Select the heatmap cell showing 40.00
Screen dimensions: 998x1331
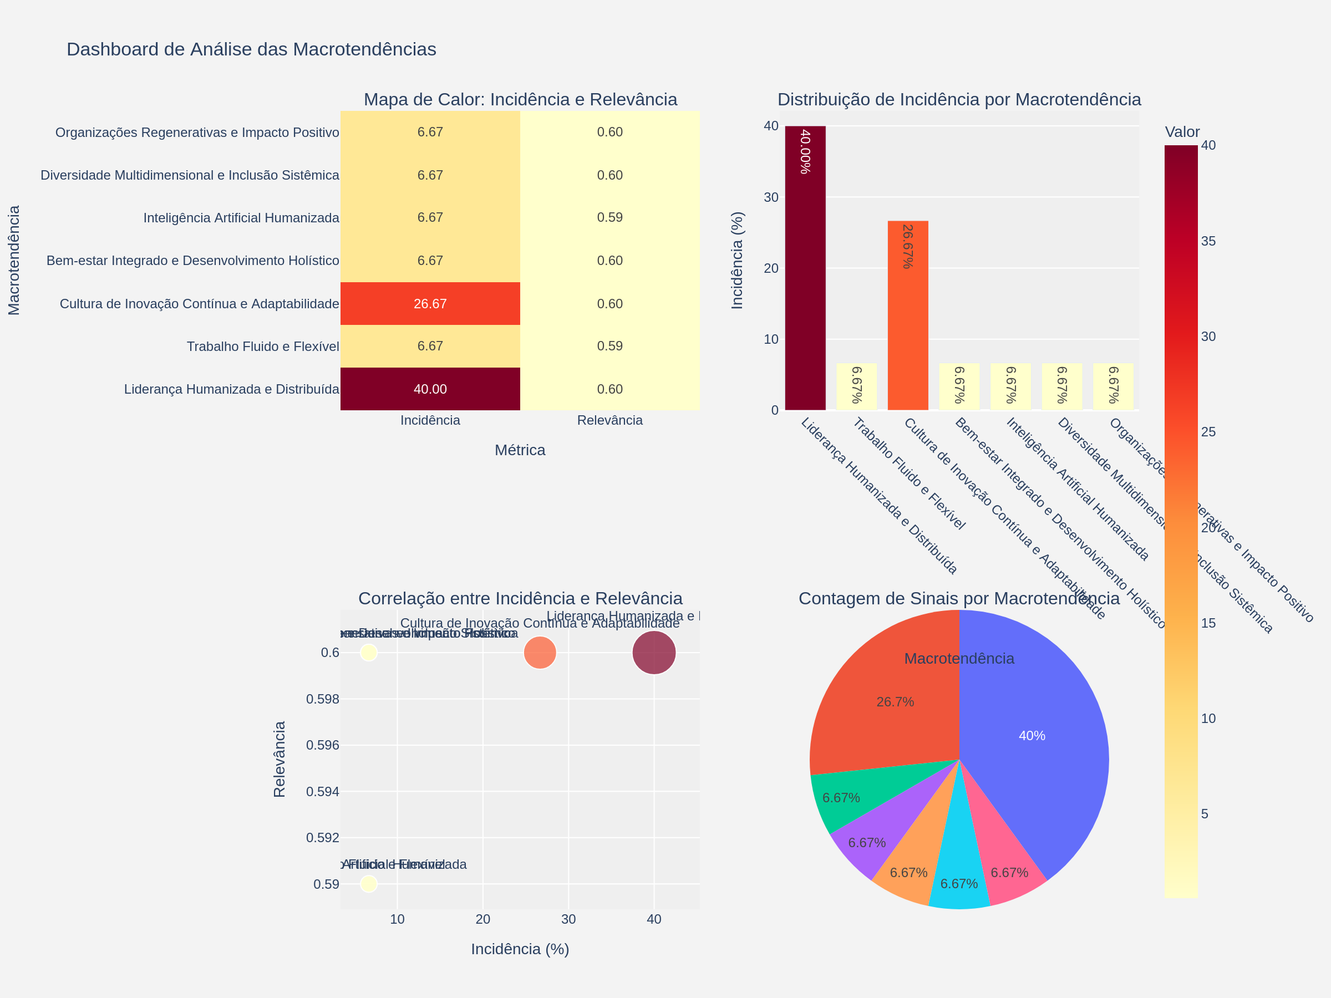pyautogui.click(x=430, y=389)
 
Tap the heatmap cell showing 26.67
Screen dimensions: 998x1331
pyautogui.click(x=430, y=304)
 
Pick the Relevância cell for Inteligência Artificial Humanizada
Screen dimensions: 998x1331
pyautogui.click(x=609, y=218)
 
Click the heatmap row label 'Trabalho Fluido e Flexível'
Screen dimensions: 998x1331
pyautogui.click(x=262, y=347)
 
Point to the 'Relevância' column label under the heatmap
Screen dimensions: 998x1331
pyautogui.click(x=609, y=420)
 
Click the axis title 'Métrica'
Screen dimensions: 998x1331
pyautogui.click(x=520, y=450)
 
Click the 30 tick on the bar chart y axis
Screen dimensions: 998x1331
pyautogui.click(x=771, y=197)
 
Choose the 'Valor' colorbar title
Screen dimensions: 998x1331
pyautogui.click(x=1182, y=132)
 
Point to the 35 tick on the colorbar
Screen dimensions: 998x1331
pyautogui.click(x=1208, y=241)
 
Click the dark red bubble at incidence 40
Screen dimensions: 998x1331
pyautogui.click(x=654, y=653)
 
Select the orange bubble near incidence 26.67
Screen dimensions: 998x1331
pyautogui.click(x=540, y=653)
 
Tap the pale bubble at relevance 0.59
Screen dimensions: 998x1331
pyautogui.click(x=369, y=884)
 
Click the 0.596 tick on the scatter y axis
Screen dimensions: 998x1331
pyautogui.click(x=323, y=745)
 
